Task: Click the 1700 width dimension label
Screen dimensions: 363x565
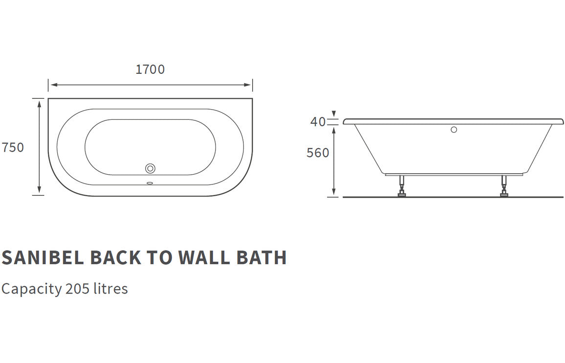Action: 150,69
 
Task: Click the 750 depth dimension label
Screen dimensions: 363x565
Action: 13,147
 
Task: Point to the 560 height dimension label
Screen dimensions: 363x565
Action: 318,153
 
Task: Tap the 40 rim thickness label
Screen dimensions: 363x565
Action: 318,122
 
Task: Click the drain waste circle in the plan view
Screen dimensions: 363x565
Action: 151,168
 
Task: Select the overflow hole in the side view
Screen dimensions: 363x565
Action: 454,130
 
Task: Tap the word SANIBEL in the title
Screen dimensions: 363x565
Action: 43,258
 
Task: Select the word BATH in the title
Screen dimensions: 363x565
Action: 261,258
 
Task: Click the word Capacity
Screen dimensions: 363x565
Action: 31,289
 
